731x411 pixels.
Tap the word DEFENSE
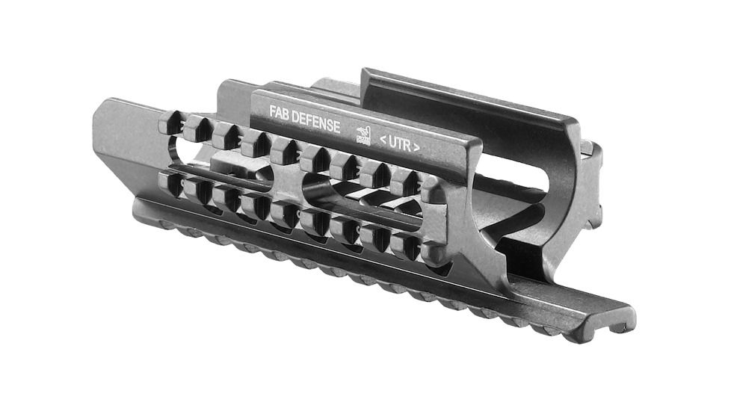pos(316,120)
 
